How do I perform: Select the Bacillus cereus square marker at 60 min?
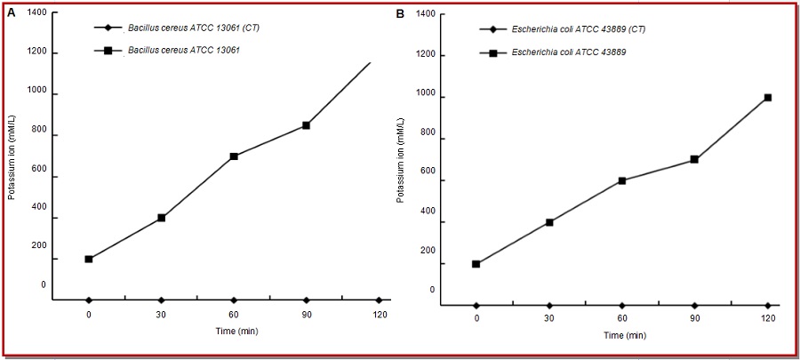pos(234,156)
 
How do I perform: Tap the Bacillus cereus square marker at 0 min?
pos(89,260)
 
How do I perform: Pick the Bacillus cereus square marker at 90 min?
pos(306,125)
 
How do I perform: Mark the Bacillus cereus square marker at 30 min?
pos(161,218)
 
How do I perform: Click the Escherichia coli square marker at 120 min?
pos(767,98)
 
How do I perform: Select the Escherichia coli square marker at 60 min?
pos(622,180)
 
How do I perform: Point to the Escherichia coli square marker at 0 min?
pos(477,264)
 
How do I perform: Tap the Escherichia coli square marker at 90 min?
pos(694,160)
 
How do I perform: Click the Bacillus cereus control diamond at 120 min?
pos(379,300)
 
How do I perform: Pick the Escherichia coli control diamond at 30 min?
pos(549,306)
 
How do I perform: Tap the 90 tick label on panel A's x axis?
pos(306,314)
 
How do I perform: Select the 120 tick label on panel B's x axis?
pos(767,319)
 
